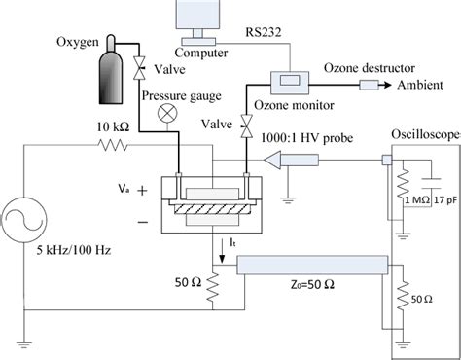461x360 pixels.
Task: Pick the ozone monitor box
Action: pos(291,76)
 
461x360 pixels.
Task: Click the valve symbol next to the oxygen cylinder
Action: pos(139,67)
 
